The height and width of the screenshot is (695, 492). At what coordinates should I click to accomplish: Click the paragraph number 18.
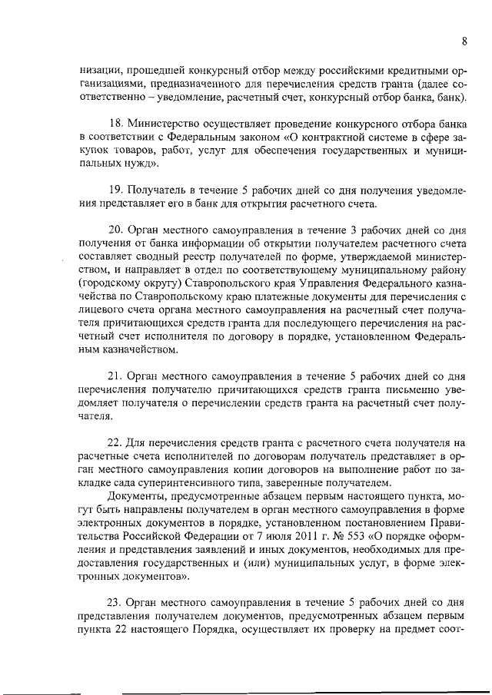115,124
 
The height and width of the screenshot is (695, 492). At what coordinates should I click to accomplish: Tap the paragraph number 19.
115,189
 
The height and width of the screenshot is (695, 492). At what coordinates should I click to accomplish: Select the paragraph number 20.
115,229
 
